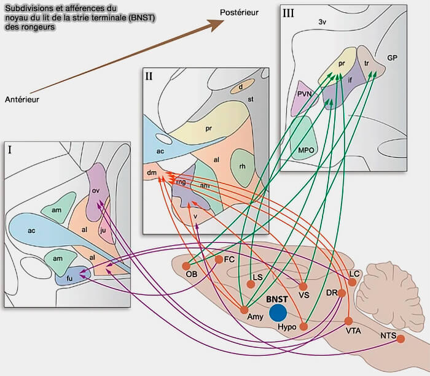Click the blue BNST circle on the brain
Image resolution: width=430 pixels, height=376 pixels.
(278, 312)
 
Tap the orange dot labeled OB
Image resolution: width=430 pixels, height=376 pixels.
(186, 266)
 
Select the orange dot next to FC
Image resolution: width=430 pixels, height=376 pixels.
(219, 260)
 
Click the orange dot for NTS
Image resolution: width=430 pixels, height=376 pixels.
(401, 339)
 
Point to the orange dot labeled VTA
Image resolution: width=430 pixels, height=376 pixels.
(348, 321)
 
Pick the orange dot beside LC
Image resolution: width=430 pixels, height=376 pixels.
(352, 282)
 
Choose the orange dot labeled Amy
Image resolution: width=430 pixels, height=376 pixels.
(244, 309)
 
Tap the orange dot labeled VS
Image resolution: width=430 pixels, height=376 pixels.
(303, 286)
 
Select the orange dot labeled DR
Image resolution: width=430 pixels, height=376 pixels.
(342, 293)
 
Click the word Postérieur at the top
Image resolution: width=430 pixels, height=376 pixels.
(240, 12)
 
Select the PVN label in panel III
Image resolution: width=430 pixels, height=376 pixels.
(305, 94)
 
